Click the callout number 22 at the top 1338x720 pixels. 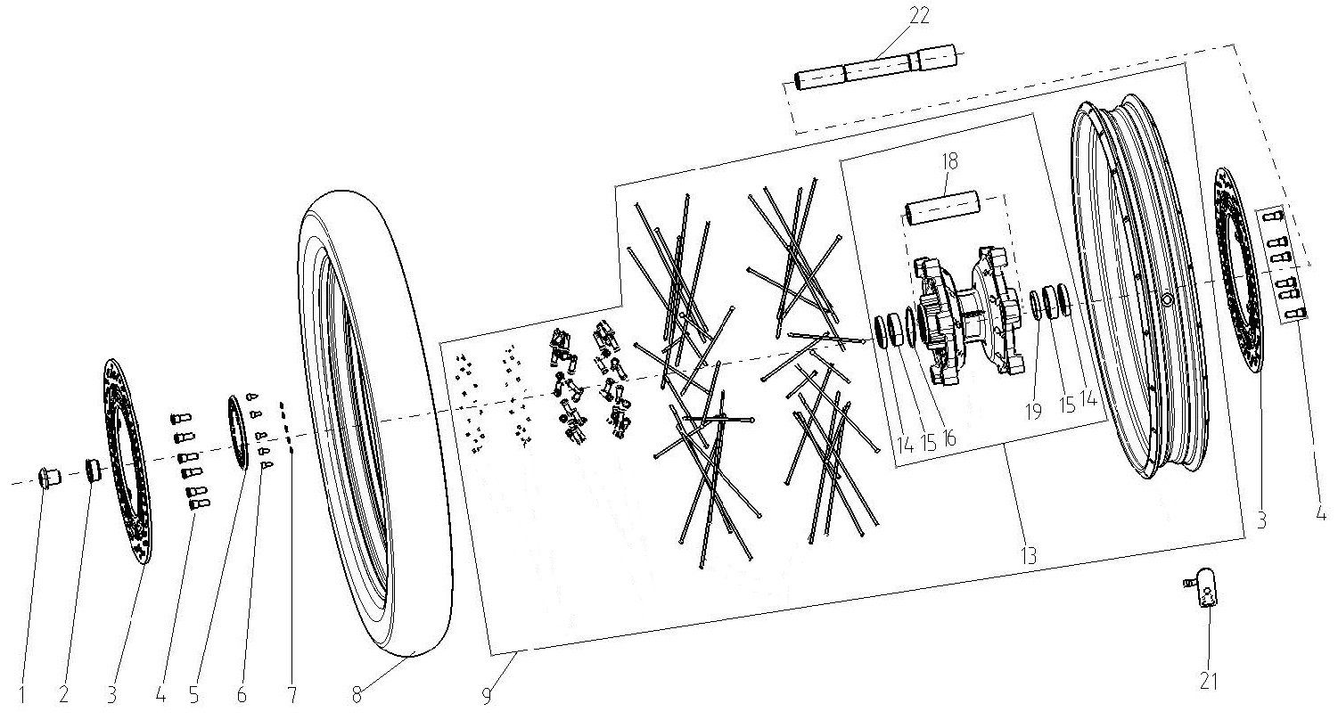920,15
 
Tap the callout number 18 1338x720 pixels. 949,160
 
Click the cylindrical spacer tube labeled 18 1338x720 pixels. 942,208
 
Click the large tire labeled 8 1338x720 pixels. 374,424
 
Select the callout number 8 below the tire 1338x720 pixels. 357,695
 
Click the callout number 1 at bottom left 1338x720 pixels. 22,695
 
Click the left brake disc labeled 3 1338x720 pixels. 127,462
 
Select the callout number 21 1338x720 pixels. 1208,681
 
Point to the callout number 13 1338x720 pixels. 1029,556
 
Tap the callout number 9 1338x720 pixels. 487,696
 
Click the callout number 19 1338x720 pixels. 1033,412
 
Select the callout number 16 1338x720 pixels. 948,438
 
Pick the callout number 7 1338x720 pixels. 291,695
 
